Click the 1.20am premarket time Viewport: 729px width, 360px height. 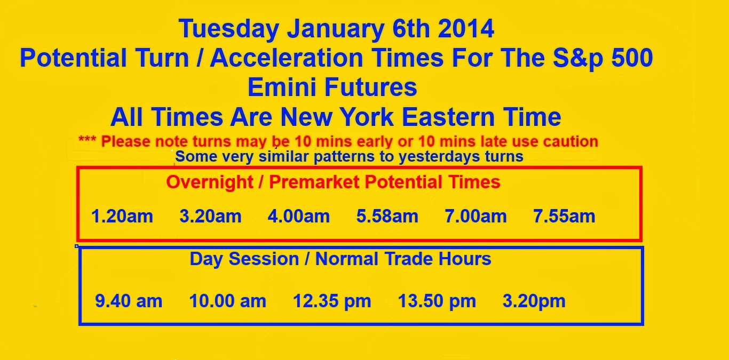[x=122, y=216]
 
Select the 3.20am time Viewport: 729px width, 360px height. [x=211, y=216]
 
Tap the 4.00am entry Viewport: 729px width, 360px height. [x=299, y=216]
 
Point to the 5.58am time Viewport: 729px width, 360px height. [x=387, y=216]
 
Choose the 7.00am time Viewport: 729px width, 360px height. [x=476, y=216]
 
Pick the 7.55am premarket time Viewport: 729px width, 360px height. [x=564, y=216]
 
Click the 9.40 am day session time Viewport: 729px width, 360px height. [x=129, y=301]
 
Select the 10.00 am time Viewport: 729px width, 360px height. [x=228, y=301]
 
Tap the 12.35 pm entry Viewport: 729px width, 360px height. [x=332, y=301]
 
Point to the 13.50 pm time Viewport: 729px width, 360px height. [x=437, y=301]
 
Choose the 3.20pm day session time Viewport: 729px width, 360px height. [x=534, y=301]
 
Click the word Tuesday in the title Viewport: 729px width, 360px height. [x=229, y=29]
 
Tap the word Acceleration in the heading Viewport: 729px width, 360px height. [x=287, y=58]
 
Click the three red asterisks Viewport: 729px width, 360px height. [x=87, y=139]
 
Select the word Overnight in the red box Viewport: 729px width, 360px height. [x=210, y=182]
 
